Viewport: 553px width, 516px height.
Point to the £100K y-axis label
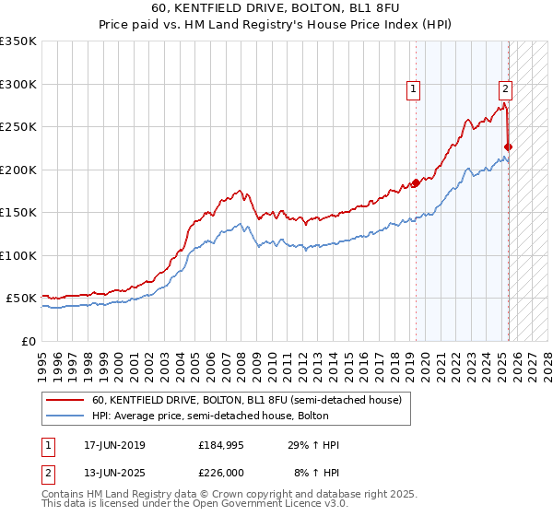(18, 255)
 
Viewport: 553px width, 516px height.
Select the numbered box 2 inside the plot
(506, 89)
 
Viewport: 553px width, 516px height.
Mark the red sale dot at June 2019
(416, 182)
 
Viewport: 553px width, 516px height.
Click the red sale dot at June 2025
(509, 147)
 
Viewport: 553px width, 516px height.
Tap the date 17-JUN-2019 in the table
(114, 445)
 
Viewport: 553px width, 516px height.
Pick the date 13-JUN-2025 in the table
(114, 471)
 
